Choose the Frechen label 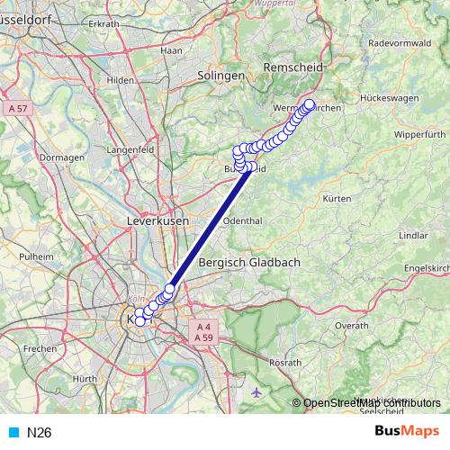40,347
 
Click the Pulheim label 37,256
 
